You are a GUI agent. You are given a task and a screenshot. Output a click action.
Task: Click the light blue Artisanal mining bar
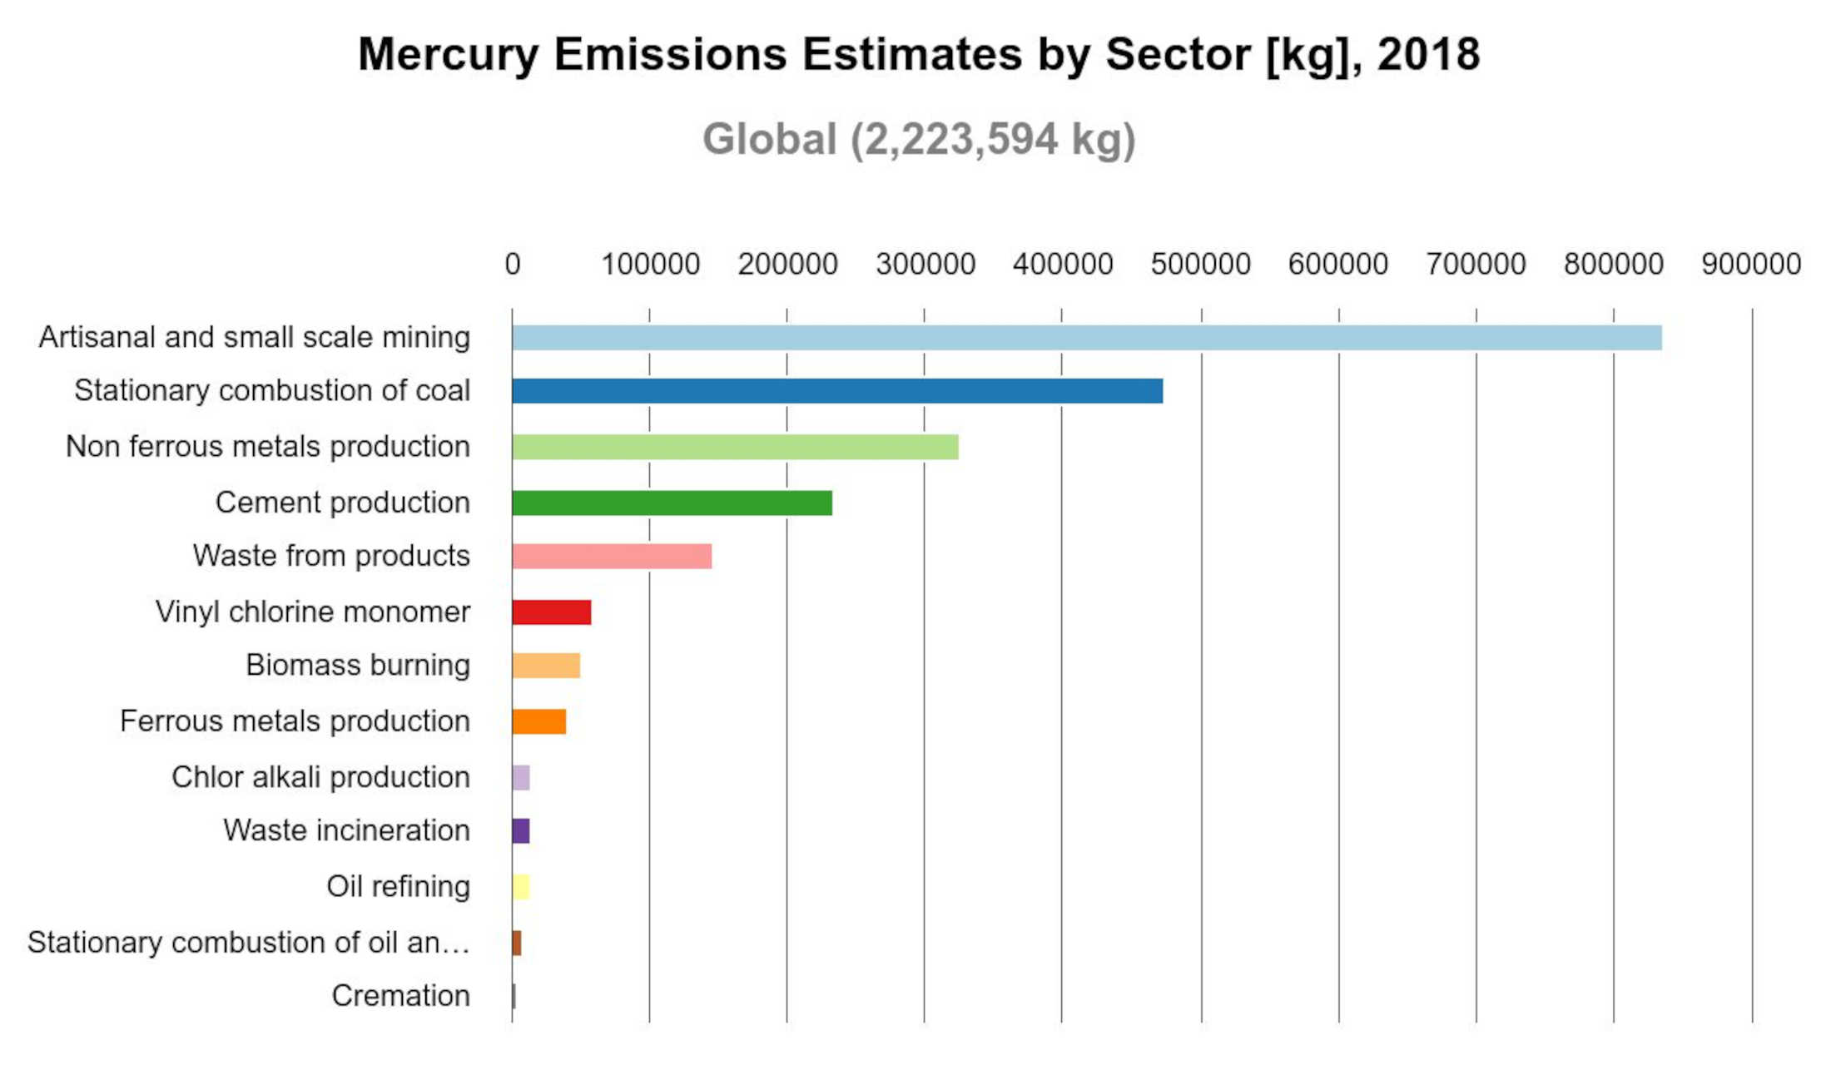click(x=1087, y=338)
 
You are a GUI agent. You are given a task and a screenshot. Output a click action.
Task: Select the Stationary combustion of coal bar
click(x=837, y=391)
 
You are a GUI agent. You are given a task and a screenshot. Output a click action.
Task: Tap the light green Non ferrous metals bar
click(x=735, y=447)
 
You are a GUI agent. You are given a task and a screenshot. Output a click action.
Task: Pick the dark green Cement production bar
click(x=672, y=503)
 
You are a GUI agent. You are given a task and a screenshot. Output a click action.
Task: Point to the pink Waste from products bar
click(x=612, y=556)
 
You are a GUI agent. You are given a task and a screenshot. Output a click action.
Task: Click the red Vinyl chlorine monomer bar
click(x=552, y=612)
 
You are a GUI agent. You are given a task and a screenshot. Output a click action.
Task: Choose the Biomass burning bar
click(x=546, y=666)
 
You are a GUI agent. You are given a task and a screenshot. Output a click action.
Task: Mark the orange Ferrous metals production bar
click(x=539, y=721)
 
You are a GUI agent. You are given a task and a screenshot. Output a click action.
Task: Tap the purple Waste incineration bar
click(x=521, y=830)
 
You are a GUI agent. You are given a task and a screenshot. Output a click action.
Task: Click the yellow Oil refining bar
click(x=521, y=887)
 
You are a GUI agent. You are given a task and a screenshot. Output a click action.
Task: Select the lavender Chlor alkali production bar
click(x=521, y=777)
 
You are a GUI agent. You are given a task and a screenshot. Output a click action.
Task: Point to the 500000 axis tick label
click(x=1200, y=264)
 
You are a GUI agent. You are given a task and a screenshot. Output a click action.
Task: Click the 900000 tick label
click(x=1751, y=264)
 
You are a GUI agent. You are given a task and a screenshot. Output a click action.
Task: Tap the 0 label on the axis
click(x=513, y=264)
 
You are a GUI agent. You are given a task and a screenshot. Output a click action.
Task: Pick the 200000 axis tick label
click(x=787, y=264)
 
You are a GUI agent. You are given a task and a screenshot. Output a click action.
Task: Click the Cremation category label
click(x=400, y=995)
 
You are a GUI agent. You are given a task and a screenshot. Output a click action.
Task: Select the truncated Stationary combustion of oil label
click(x=249, y=942)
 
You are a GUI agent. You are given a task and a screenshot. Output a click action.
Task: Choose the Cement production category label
click(x=343, y=503)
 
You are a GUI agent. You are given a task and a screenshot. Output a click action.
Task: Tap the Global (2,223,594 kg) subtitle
click(x=919, y=139)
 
